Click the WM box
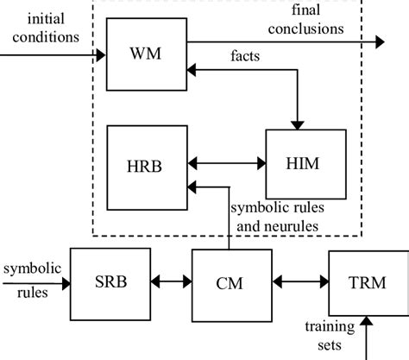point(145,54)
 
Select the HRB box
point(145,161)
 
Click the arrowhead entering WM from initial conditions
point(101,54)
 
